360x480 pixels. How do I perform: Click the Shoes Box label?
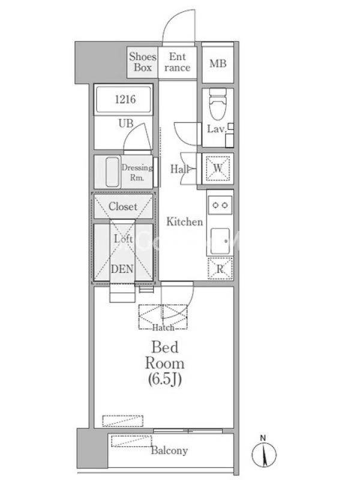coord(143,62)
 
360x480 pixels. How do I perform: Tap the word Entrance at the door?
coord(178,62)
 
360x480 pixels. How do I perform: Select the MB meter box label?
coord(218,64)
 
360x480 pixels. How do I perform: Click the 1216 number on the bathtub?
coord(125,99)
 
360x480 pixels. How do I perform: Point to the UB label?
coord(126,124)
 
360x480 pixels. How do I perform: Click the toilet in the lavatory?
coord(218,103)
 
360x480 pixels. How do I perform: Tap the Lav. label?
coord(217,128)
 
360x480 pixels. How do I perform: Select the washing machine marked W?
coord(218,168)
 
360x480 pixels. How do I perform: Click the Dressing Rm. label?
coord(137,172)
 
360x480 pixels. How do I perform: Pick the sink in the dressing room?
coord(112,172)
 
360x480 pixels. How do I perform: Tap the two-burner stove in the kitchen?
coord(220,205)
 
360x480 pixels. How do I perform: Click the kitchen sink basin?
coord(220,241)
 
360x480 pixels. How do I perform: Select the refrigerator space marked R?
coord(220,268)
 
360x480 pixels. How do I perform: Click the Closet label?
coord(123,206)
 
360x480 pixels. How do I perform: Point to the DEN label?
coord(122,269)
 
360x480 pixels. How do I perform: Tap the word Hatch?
coord(163,328)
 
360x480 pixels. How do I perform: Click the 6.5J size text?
coord(164,380)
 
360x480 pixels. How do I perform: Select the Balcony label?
coord(169,451)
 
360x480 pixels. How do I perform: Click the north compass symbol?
coord(263,452)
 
